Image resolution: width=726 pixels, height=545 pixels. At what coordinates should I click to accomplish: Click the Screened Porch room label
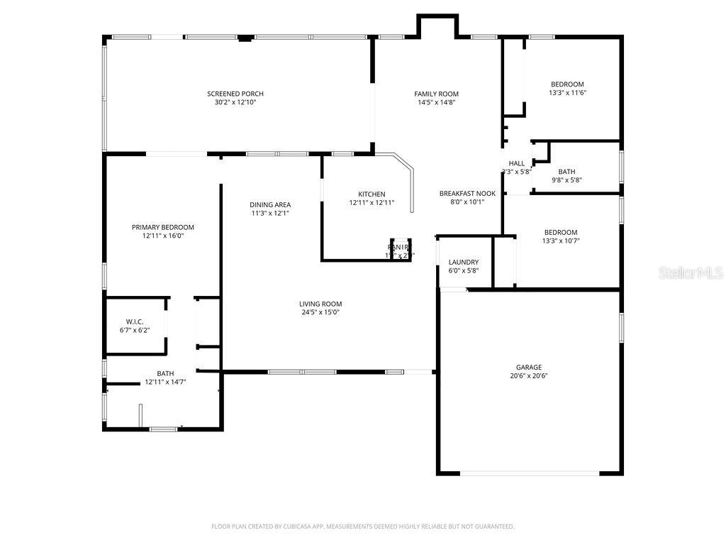pyautogui.click(x=235, y=94)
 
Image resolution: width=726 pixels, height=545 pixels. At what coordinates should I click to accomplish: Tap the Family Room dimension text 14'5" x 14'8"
pyautogui.click(x=436, y=102)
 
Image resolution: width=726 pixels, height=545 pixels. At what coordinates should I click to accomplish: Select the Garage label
pyautogui.click(x=529, y=368)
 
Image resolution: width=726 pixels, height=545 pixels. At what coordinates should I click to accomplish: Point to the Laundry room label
pyautogui.click(x=463, y=262)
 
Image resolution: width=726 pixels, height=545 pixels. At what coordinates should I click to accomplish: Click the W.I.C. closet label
pyautogui.click(x=135, y=321)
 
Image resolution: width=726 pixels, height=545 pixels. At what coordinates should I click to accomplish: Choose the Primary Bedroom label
pyautogui.click(x=162, y=227)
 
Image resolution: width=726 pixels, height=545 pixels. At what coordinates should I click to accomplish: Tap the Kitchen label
pyautogui.click(x=372, y=194)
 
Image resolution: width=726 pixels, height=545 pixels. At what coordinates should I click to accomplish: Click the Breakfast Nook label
pyautogui.click(x=467, y=193)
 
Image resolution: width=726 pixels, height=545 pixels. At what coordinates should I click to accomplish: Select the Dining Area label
pyautogui.click(x=270, y=204)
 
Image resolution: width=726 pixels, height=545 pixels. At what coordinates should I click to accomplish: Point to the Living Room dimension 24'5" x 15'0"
pyautogui.click(x=320, y=312)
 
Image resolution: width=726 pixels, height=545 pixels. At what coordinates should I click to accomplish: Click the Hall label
pyautogui.click(x=516, y=163)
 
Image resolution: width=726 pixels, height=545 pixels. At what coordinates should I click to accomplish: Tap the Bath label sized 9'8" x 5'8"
pyautogui.click(x=566, y=171)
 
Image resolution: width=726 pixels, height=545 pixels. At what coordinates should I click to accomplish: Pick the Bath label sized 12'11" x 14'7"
pyautogui.click(x=165, y=373)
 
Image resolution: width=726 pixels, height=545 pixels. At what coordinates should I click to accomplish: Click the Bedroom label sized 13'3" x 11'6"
pyautogui.click(x=567, y=84)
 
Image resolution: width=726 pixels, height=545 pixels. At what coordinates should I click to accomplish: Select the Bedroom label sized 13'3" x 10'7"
pyautogui.click(x=560, y=232)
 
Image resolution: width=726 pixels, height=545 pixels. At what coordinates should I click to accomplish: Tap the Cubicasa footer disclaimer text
pyautogui.click(x=362, y=527)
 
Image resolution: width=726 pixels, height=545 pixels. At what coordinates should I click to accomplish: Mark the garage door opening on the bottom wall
pyautogui.click(x=529, y=473)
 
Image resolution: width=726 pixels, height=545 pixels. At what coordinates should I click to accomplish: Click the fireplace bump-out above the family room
pyautogui.click(x=437, y=26)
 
